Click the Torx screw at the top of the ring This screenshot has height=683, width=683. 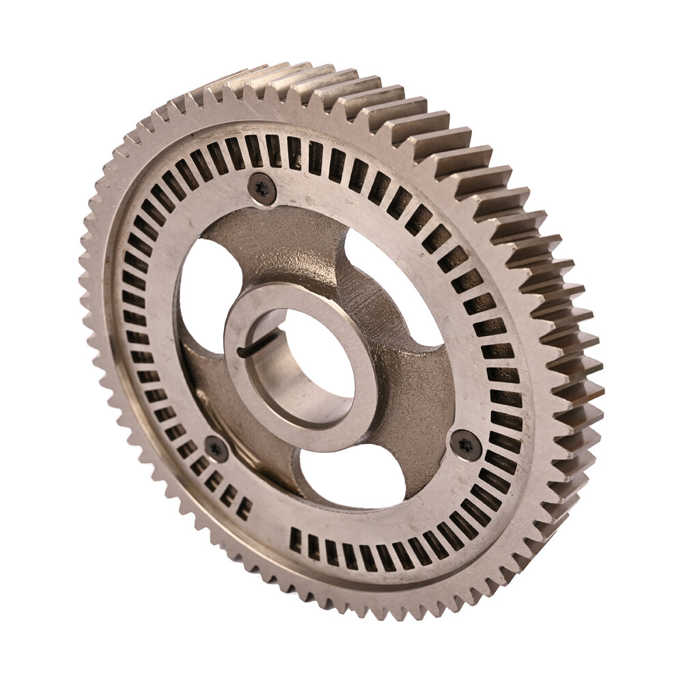[x=262, y=188]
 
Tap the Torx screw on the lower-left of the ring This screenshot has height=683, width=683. [x=217, y=449]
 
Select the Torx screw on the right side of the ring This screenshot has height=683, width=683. [x=466, y=445]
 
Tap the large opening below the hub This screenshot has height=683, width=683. [x=348, y=475]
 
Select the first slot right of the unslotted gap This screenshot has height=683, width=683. [x=295, y=540]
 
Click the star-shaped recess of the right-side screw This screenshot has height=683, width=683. [x=466, y=445]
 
